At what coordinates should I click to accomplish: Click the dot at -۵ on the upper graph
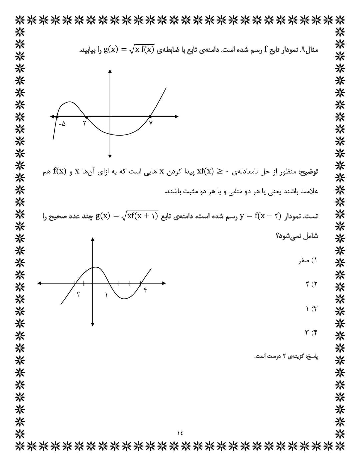coord(57,117)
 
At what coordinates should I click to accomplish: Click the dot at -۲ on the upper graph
coord(87,117)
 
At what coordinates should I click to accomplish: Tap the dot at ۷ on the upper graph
coord(150,117)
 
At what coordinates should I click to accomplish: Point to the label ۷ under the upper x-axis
coord(151,123)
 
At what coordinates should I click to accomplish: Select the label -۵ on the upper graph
coord(62,124)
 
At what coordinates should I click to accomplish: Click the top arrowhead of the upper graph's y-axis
coord(110,71)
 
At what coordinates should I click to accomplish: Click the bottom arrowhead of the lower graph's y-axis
coord(93,324)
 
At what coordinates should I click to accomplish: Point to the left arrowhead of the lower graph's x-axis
coord(39,283)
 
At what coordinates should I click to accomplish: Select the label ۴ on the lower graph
coord(145,290)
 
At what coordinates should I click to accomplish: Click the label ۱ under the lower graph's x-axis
coord(106,295)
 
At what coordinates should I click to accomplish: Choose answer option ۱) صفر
coord(308,261)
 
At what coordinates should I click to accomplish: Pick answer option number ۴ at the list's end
coord(311,333)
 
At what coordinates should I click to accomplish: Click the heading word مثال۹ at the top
coord(309,50)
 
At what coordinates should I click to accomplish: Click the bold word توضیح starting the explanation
coord(309,172)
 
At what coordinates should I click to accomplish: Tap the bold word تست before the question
coord(311,216)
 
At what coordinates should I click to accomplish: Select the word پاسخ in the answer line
coord(312,357)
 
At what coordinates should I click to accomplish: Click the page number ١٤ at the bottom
coord(180,433)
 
